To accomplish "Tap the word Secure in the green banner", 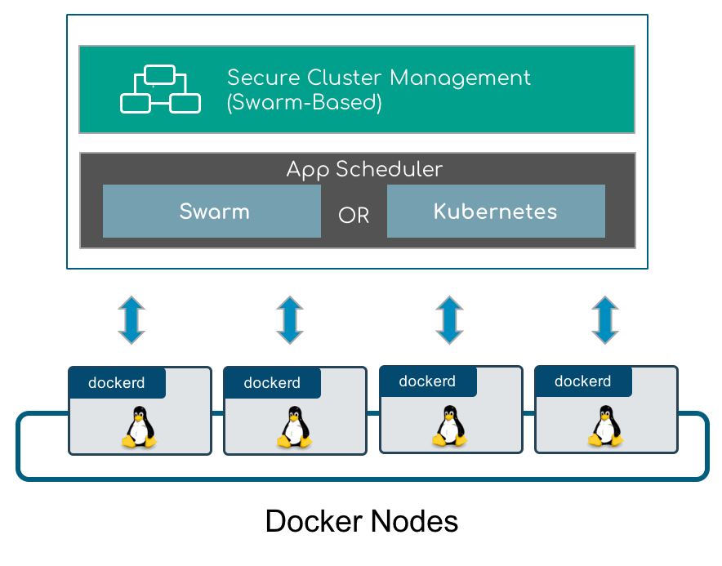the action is [x=265, y=78].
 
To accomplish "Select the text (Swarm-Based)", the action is [x=305, y=102].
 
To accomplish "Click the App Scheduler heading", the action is [x=364, y=170].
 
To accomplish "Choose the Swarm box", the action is [x=212, y=211].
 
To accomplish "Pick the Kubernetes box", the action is [x=496, y=211].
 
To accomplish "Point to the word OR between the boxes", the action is [x=354, y=215].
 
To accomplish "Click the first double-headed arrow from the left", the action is [x=131, y=320].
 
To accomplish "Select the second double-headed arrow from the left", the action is [x=290, y=320].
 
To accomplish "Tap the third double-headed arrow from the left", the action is [x=449, y=320].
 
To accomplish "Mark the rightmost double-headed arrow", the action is [x=605, y=320].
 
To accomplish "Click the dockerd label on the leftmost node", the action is [x=117, y=383].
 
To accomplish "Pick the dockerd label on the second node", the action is [x=272, y=383].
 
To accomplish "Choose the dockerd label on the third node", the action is [x=427, y=381].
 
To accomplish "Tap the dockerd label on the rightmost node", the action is [x=583, y=381].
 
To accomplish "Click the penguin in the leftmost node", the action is [x=140, y=427].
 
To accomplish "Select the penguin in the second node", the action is [x=295, y=427].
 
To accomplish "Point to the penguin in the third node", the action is [x=450, y=426].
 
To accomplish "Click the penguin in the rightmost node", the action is [x=606, y=426].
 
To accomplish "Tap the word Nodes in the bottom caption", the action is [x=414, y=521].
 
